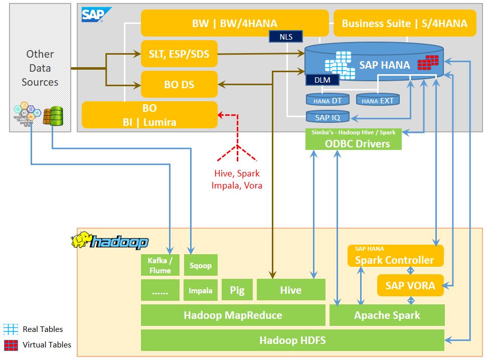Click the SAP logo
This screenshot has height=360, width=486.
(93, 15)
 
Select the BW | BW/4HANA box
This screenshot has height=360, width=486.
(234, 23)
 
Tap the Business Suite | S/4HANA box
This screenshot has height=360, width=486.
(404, 23)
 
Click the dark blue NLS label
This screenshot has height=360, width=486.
(286, 36)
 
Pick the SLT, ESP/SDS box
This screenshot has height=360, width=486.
(179, 54)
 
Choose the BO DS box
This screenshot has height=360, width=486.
(179, 84)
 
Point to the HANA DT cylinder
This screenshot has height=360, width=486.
(328, 100)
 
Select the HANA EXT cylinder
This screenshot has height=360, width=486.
(378, 100)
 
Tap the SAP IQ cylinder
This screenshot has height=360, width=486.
(328, 117)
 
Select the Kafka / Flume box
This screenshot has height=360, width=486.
(160, 265)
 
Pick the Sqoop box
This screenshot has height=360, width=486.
(201, 265)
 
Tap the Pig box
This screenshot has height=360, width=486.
(237, 290)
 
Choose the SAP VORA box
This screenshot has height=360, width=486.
(410, 286)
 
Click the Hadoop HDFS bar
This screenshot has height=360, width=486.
(292, 340)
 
